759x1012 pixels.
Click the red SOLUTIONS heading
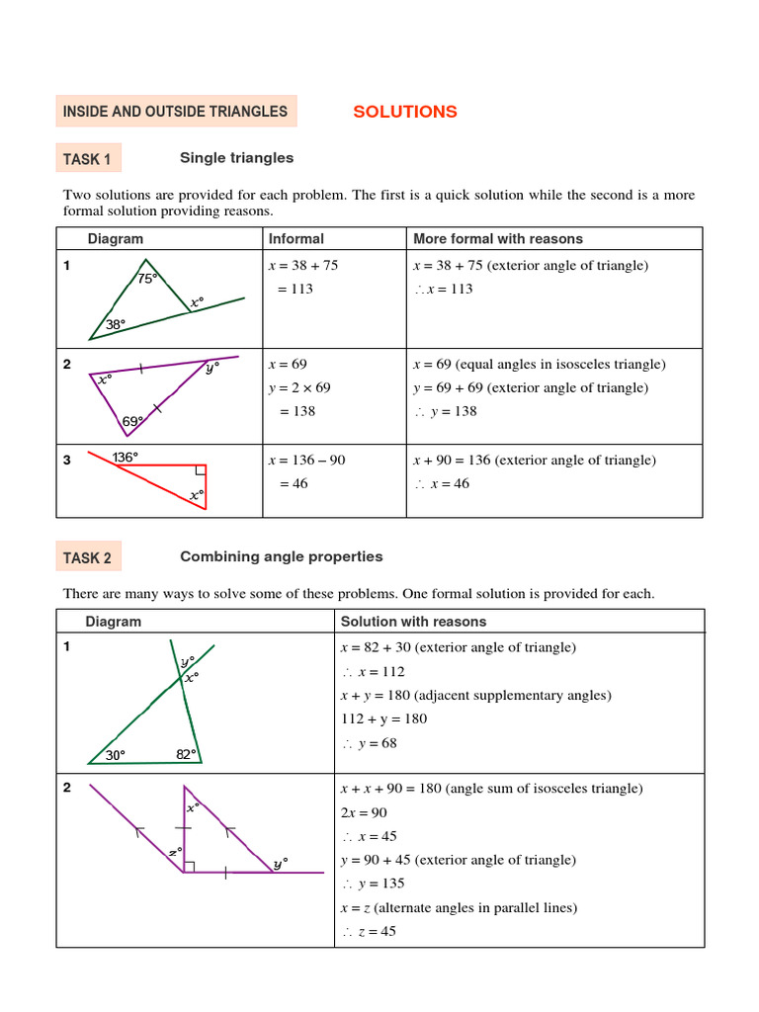405,112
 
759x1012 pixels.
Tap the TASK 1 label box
87,159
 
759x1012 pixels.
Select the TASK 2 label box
87,558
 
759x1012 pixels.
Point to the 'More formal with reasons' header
497,238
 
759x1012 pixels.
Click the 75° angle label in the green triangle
147,279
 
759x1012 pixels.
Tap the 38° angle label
117,323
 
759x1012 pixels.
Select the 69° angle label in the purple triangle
132,421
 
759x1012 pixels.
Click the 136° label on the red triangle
126,457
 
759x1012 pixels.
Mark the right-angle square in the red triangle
201,471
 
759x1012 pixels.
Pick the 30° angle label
116,755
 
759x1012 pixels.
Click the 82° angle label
187,754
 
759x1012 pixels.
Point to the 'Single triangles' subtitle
236,158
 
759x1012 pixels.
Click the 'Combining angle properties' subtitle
281,557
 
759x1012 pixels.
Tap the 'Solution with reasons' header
413,622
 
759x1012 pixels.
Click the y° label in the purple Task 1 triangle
211,369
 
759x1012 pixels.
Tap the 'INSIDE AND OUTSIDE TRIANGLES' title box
176,112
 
